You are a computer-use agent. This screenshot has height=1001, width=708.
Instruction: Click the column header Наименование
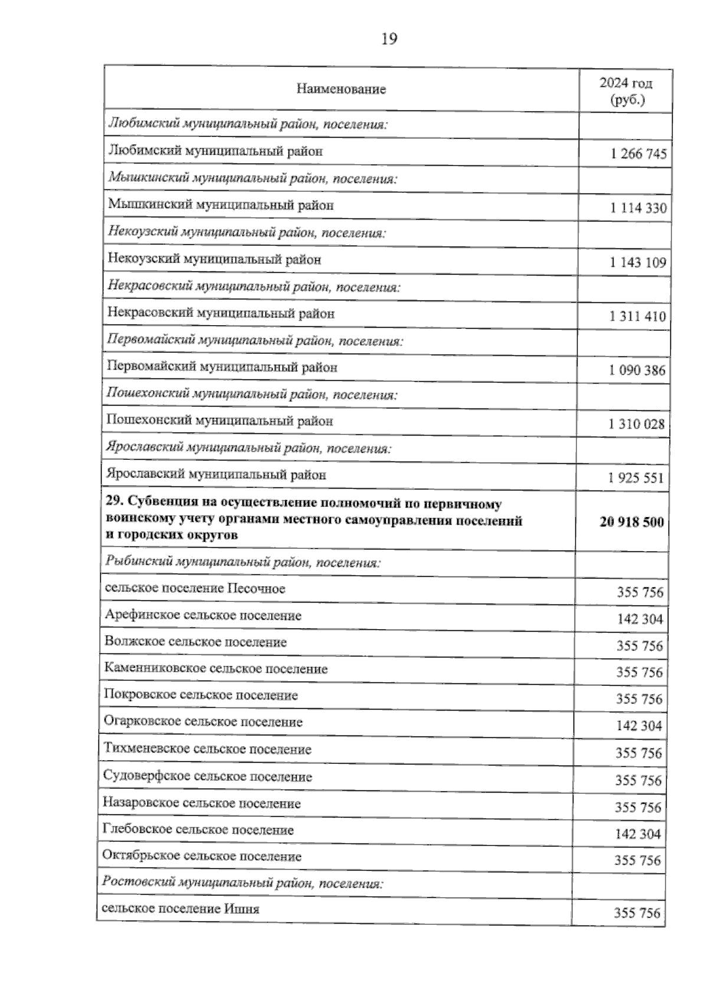(341, 90)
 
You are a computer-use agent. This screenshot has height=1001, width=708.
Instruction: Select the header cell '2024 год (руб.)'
(627, 91)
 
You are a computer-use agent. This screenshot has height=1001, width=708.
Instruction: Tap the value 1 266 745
(639, 155)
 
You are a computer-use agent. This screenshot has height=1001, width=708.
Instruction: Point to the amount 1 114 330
(638, 208)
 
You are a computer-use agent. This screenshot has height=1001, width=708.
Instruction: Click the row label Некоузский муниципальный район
(215, 260)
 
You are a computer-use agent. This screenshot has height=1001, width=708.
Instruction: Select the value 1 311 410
(638, 317)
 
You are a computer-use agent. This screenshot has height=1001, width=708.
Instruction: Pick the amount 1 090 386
(637, 371)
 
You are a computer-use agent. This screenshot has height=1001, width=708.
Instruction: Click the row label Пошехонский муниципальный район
(219, 421)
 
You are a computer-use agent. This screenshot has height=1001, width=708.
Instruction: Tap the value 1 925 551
(636, 478)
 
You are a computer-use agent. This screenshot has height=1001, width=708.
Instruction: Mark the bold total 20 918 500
(631, 522)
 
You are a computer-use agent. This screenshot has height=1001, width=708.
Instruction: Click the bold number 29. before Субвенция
(114, 505)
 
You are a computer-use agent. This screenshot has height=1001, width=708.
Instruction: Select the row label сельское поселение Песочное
(195, 589)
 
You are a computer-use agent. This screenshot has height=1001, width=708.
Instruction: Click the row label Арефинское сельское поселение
(203, 616)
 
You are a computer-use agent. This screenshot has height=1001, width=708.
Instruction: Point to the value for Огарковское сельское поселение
(639, 727)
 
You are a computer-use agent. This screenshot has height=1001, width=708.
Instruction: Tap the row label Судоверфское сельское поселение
(207, 777)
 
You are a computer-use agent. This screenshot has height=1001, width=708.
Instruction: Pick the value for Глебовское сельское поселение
(638, 835)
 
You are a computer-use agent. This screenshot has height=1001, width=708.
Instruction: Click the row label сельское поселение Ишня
(181, 909)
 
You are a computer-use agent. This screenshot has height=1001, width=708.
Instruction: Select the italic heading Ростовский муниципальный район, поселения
(242, 884)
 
